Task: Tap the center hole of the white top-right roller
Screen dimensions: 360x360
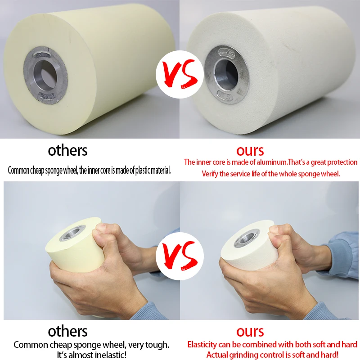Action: pos(224,72)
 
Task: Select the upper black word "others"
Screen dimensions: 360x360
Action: pos(68,150)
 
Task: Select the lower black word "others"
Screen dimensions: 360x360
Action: pos(68,332)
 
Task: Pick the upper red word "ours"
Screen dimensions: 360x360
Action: pos(250,150)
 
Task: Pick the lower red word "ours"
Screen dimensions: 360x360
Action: pos(250,332)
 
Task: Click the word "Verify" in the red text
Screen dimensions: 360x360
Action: pos(211,174)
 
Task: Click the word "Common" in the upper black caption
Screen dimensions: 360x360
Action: pos(20,171)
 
